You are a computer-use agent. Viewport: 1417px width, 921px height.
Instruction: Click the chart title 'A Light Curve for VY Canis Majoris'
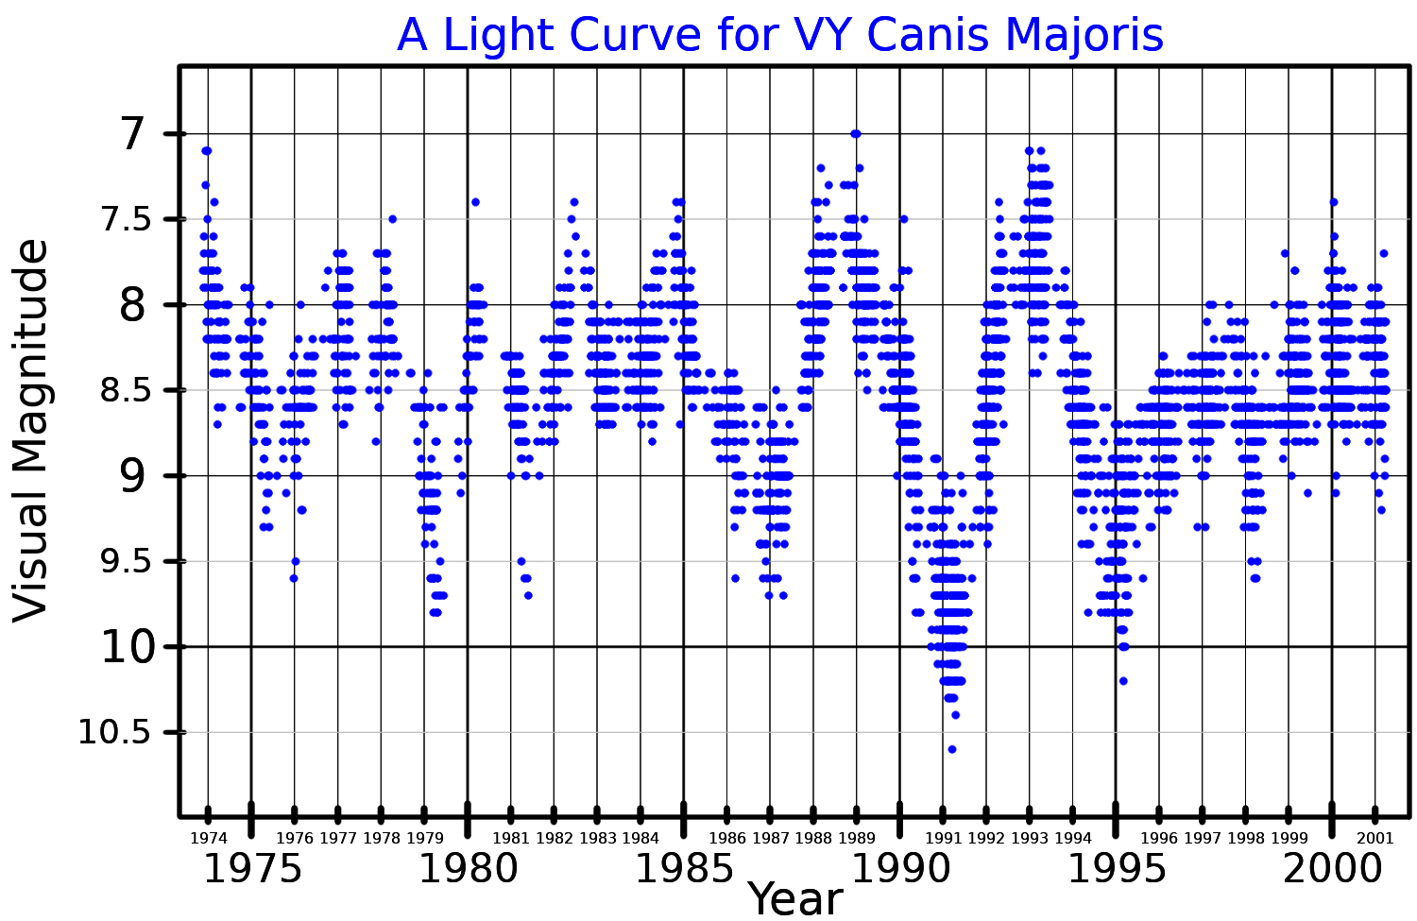point(779,35)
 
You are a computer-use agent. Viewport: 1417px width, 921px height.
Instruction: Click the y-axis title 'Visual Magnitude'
point(31,430)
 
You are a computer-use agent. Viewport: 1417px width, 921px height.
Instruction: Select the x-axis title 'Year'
point(795,898)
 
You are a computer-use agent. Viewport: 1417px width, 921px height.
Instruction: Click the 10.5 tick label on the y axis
point(113,732)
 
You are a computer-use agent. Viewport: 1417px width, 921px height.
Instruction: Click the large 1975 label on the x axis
point(252,869)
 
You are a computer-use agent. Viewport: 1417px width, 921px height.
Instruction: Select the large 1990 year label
point(900,869)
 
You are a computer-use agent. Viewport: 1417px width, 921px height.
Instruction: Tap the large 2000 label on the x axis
point(1332,869)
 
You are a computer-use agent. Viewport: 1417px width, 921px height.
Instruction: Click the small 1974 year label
point(209,838)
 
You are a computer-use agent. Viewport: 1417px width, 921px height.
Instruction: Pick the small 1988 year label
point(813,838)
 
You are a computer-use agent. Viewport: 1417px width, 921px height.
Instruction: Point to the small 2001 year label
point(1374,838)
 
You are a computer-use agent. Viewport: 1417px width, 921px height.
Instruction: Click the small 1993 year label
point(1030,838)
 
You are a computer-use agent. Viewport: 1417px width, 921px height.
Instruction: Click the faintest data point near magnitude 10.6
point(952,749)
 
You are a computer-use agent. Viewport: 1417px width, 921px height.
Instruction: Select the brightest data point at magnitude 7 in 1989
point(856,134)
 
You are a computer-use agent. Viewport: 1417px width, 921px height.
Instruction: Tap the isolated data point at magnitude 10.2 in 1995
point(1123,680)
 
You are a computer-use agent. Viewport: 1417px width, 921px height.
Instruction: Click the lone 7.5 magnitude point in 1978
point(393,219)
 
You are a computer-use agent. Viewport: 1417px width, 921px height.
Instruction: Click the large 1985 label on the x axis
point(684,869)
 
